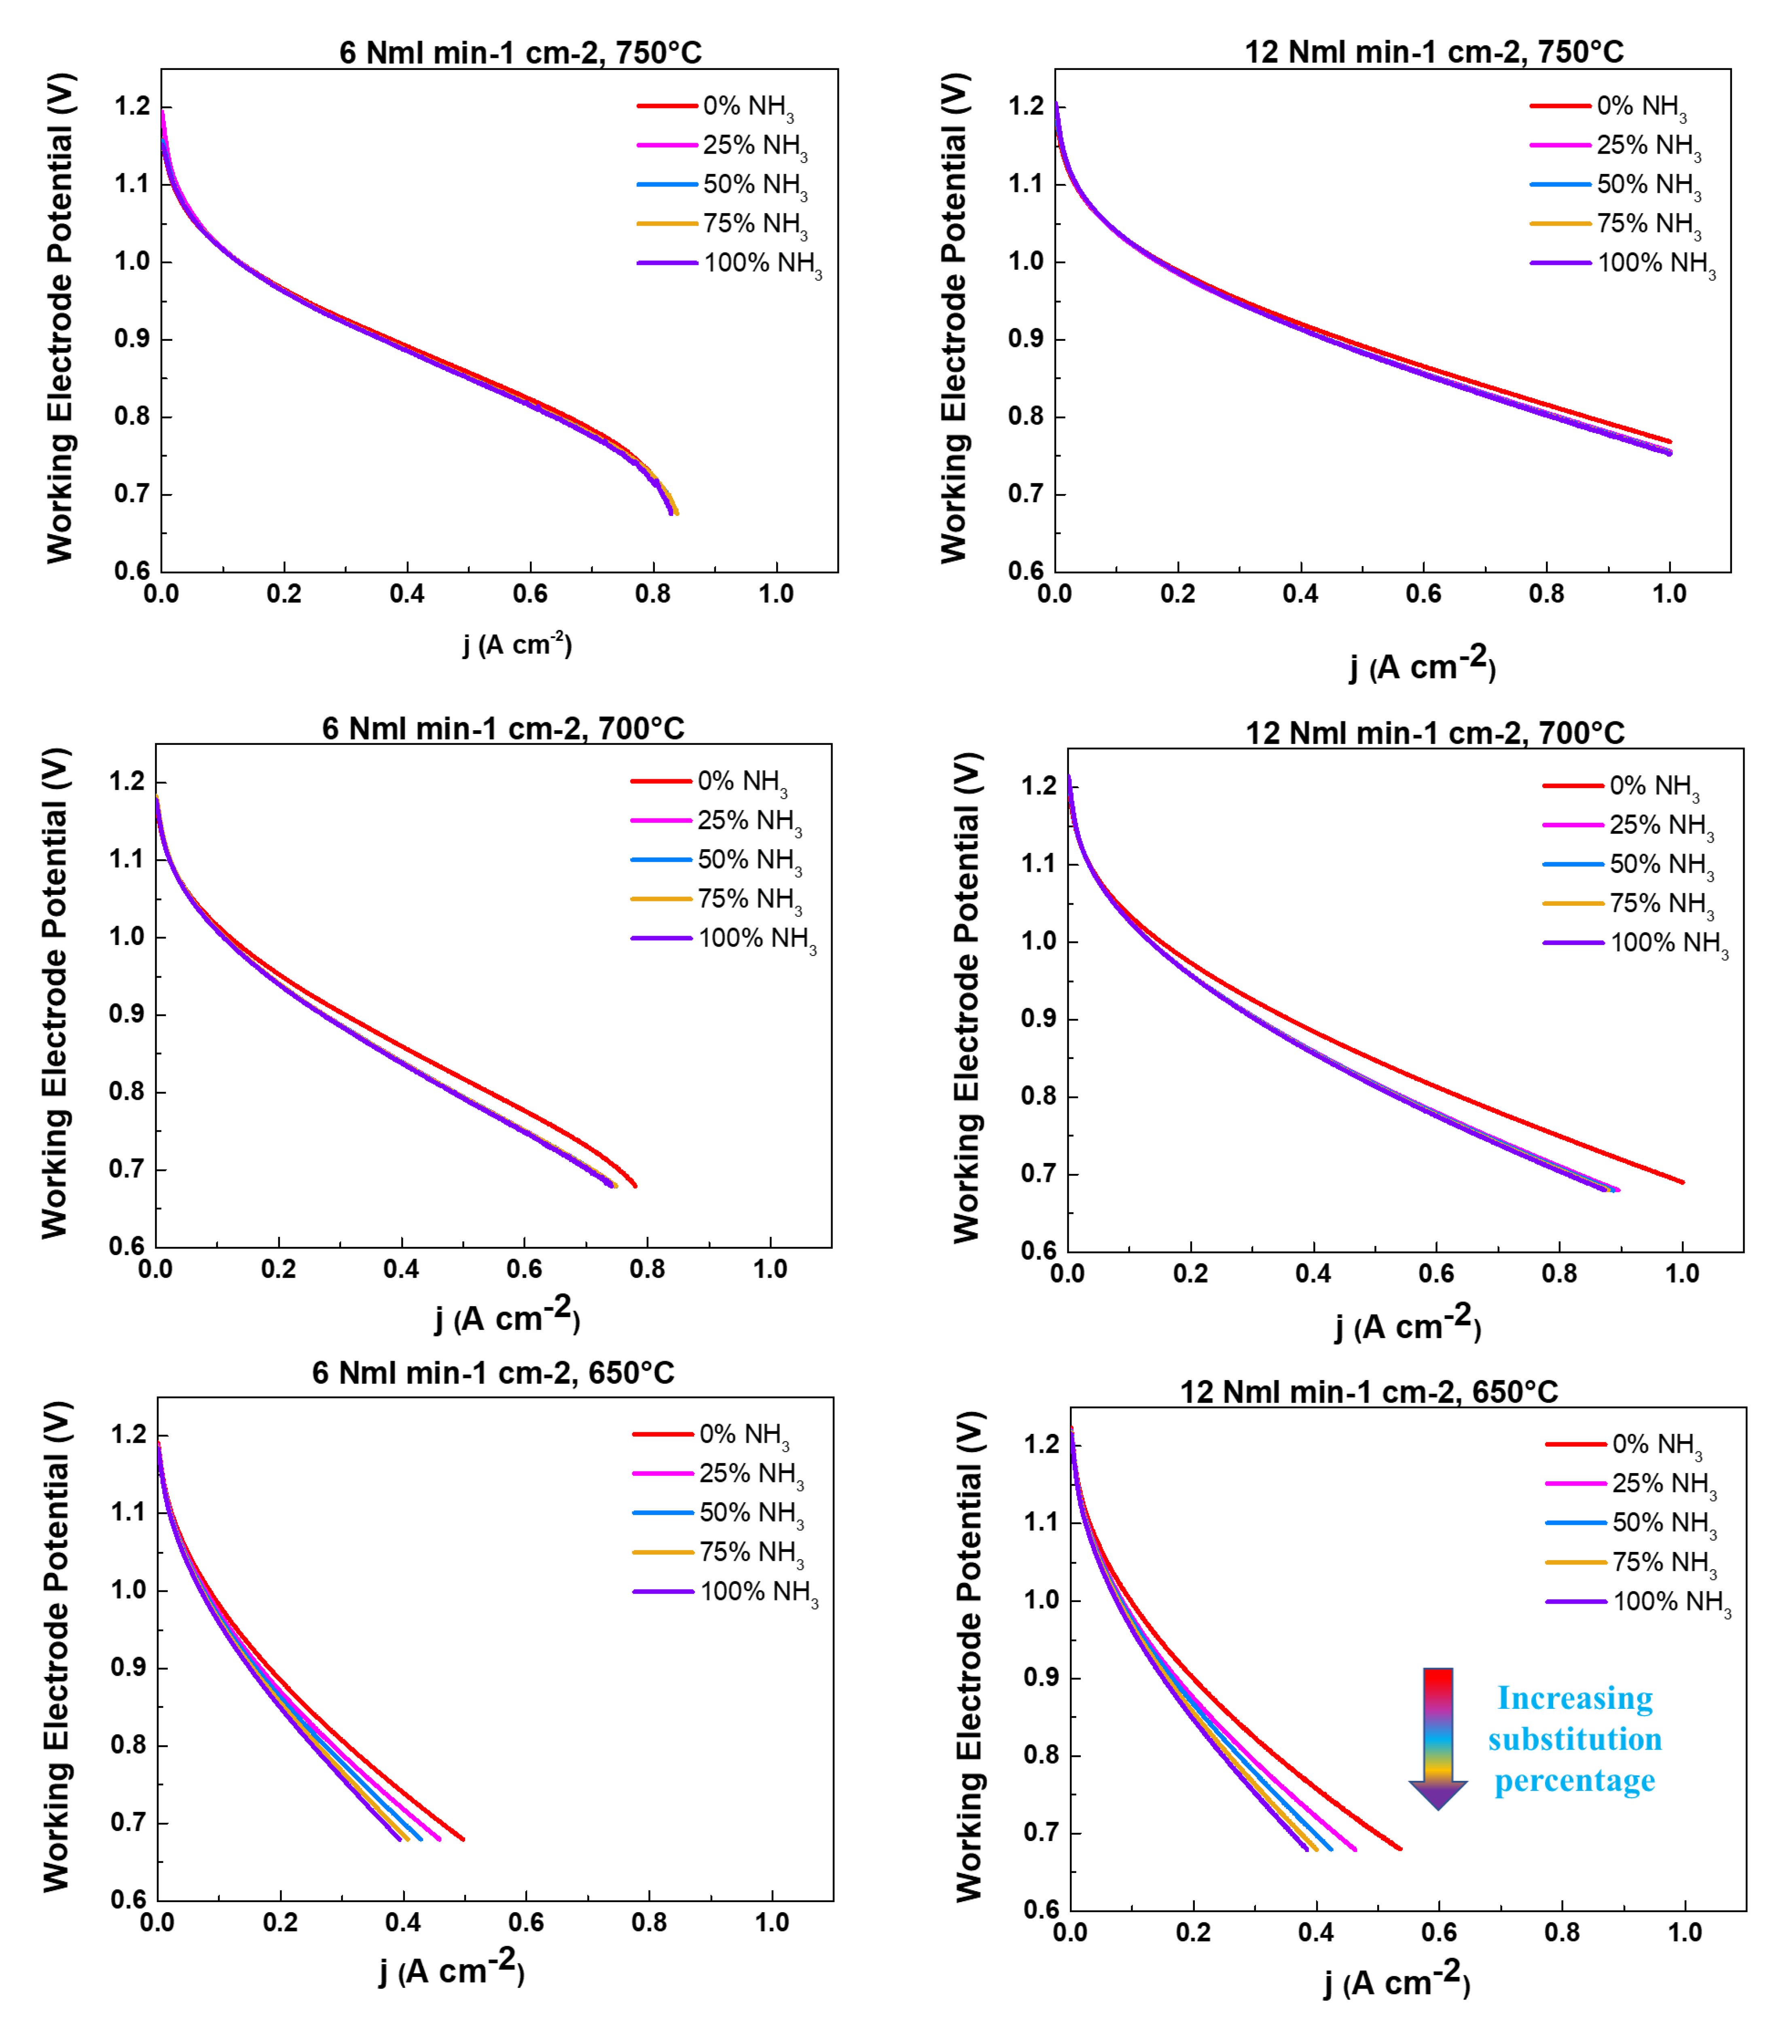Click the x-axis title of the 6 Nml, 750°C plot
click(x=517, y=645)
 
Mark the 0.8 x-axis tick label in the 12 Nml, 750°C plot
click(x=1547, y=594)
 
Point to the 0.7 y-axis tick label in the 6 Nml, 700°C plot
click(x=127, y=1170)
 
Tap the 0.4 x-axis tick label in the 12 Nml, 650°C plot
click(x=1316, y=1933)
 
